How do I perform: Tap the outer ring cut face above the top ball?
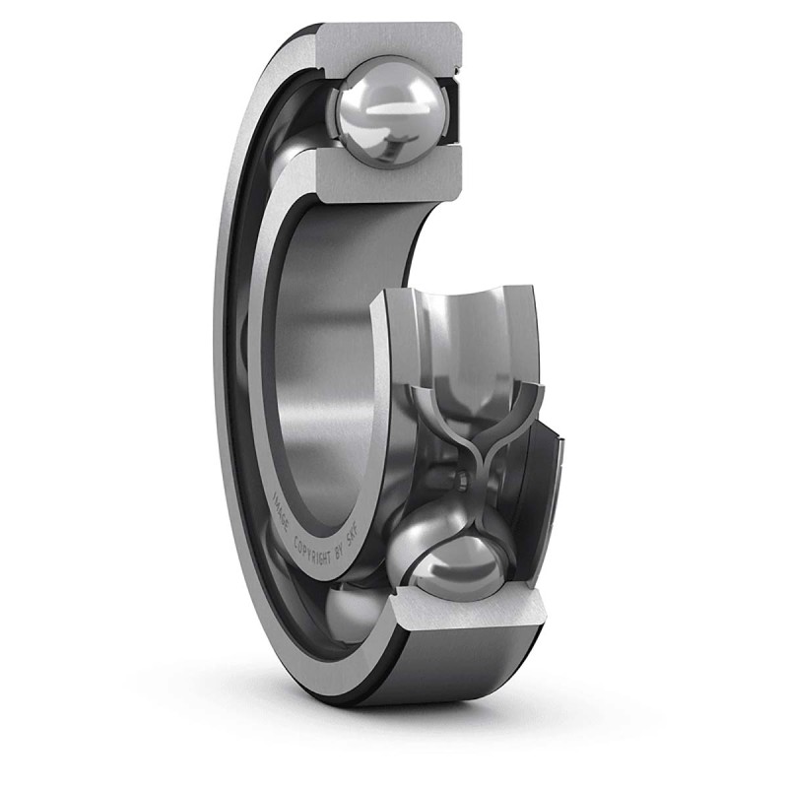pyautogui.click(x=389, y=41)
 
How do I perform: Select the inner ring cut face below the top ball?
pyautogui.click(x=389, y=177)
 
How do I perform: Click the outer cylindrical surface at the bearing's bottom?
pyautogui.click(x=463, y=675)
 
